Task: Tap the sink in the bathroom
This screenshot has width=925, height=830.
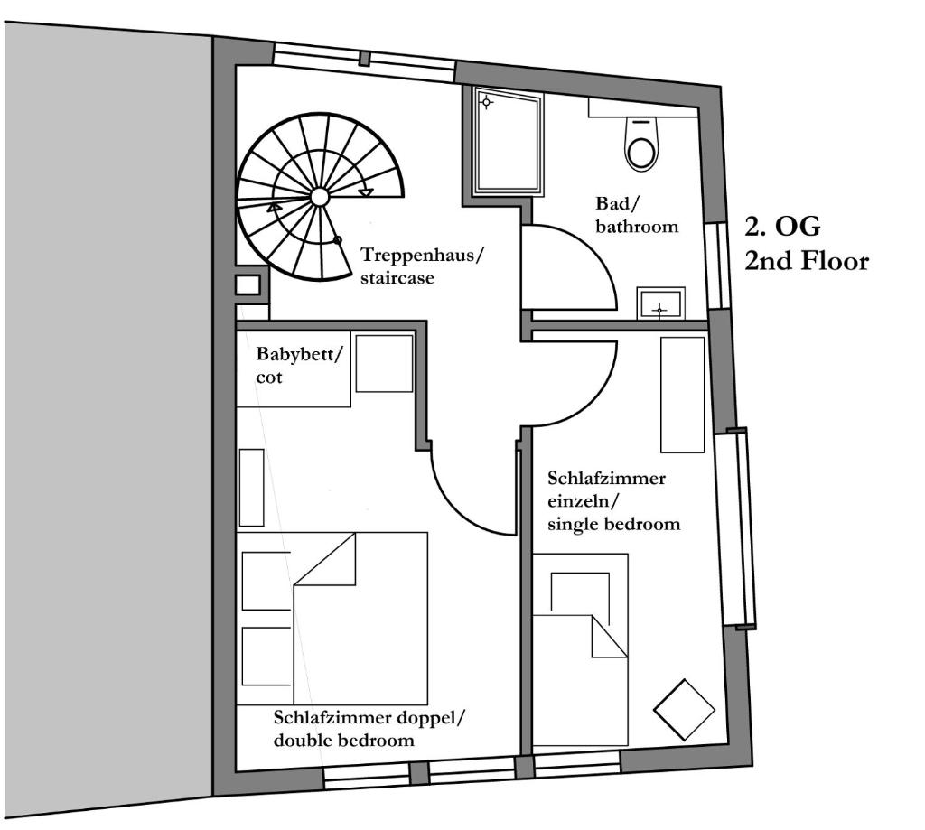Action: tap(660, 303)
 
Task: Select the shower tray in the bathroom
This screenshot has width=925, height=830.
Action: tap(509, 142)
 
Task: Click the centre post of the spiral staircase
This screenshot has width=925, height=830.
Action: tap(319, 197)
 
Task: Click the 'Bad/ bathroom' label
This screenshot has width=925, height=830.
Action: tap(637, 215)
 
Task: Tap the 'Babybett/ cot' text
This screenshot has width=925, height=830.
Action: tap(298, 366)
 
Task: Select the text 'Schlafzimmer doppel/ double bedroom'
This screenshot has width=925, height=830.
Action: tap(369, 729)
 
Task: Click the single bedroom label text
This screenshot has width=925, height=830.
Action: tap(613, 501)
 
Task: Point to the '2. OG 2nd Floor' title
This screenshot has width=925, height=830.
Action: tap(807, 244)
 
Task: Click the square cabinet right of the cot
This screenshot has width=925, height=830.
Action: tap(384, 363)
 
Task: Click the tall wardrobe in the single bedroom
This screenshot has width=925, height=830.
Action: tap(683, 395)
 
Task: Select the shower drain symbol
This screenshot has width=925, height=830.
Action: tap(486, 103)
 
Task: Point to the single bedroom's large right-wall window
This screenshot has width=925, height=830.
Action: tap(736, 528)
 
